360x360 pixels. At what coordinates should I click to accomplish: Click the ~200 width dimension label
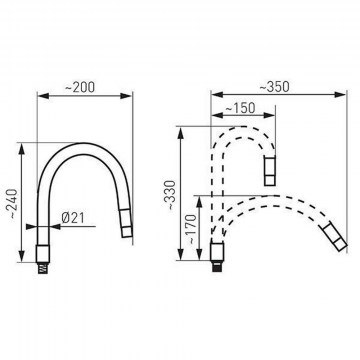tap(80, 87)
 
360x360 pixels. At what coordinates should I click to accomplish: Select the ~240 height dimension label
tap(13, 204)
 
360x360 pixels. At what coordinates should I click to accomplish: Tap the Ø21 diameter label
tap(73, 218)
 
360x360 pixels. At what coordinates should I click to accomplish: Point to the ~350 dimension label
tap(274, 87)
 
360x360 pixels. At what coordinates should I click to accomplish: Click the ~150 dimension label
tap(240, 108)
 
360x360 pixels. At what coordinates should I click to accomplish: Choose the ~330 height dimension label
tap(170, 195)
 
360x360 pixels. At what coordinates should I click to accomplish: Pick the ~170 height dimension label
tap(193, 230)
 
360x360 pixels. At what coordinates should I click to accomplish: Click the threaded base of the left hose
tap(43, 268)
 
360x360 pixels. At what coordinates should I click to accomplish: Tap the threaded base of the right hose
tap(217, 266)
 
